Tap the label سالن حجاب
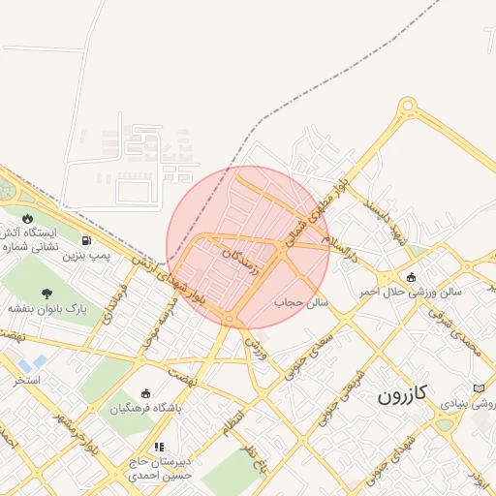(301, 302)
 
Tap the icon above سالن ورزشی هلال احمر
(411, 277)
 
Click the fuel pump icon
(88, 241)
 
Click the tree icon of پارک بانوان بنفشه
(47, 293)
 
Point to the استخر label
(26, 380)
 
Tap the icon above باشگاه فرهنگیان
(145, 393)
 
